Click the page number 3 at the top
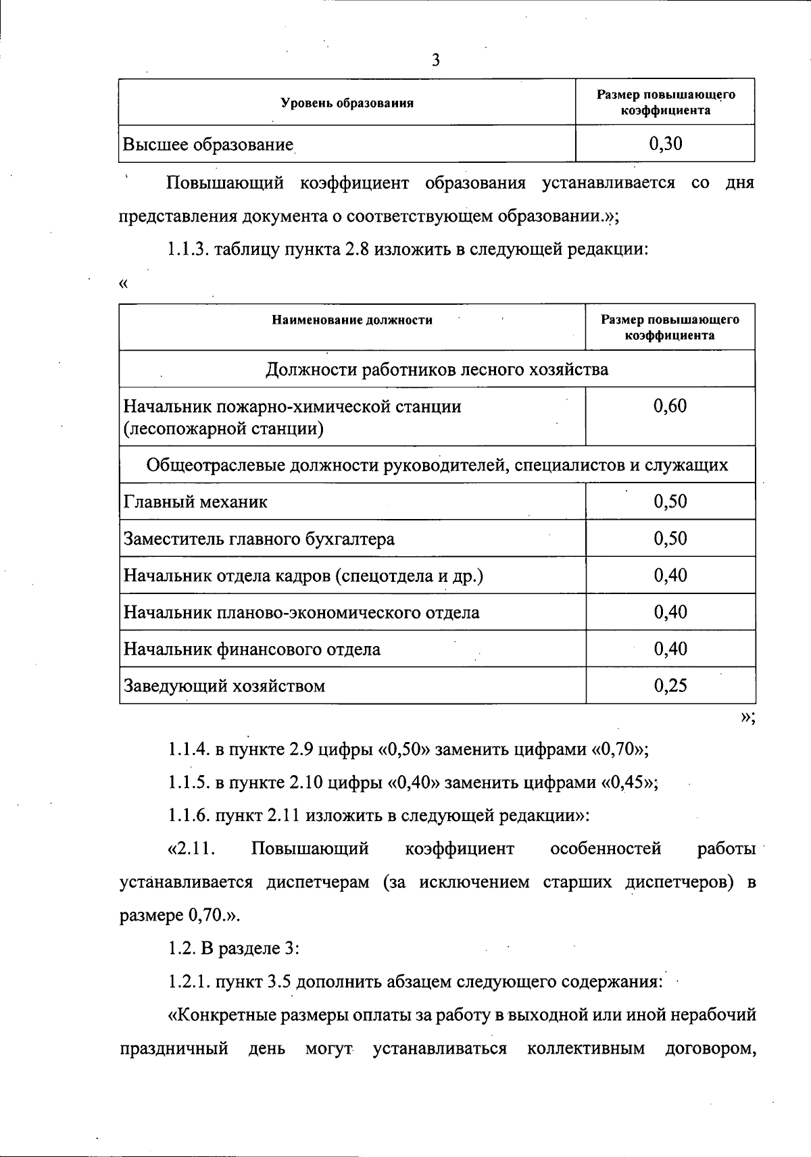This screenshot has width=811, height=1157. point(435,61)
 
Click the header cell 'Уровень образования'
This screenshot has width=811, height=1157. point(347,103)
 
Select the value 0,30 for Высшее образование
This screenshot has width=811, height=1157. point(665,143)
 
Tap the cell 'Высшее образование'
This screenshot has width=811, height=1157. point(208,145)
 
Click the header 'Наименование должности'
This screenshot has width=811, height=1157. point(352,320)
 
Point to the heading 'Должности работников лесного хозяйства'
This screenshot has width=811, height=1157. point(437,369)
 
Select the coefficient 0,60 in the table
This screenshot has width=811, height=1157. point(670,406)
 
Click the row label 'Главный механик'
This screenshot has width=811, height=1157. point(195,502)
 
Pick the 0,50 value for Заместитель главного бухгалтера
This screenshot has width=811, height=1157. point(670,539)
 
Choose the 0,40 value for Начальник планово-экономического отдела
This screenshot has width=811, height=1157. point(670,612)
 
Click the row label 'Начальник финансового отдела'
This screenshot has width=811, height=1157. point(251,649)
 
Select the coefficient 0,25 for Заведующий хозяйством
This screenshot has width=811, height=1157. point(670,686)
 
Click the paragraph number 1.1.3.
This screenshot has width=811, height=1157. point(189,249)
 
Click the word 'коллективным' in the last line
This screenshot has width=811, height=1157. point(585,1049)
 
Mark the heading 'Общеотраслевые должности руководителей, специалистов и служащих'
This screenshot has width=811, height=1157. point(437,465)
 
